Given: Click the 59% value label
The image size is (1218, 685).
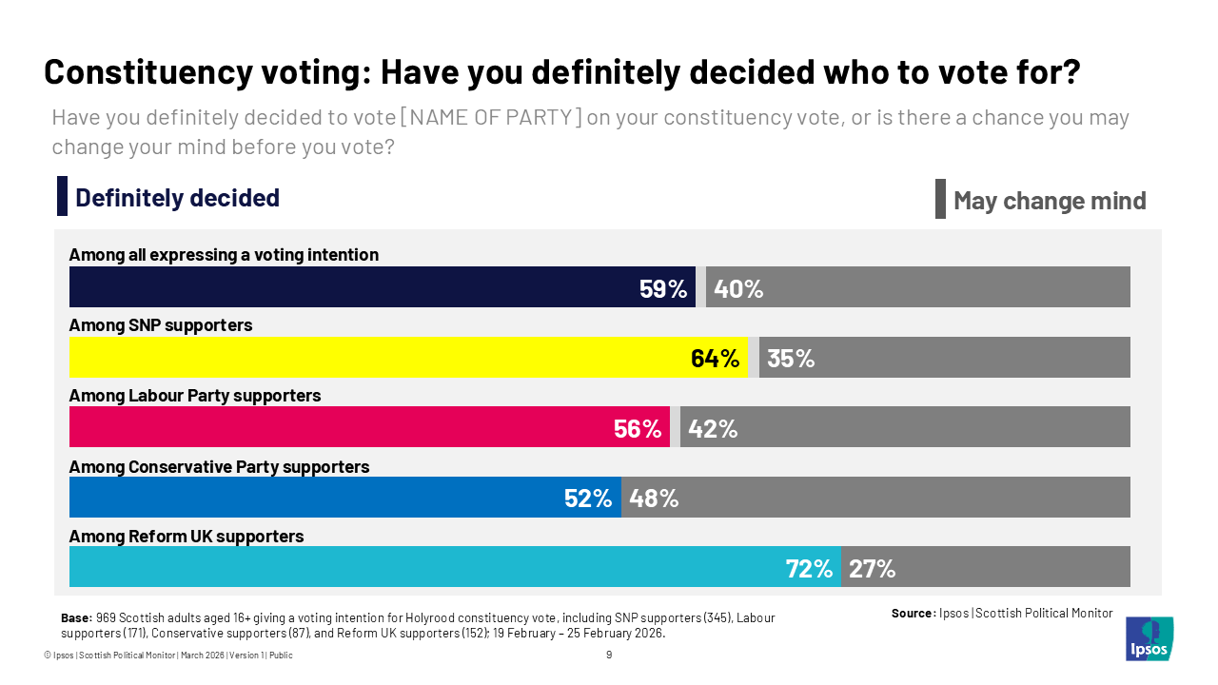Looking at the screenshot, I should point(663,288).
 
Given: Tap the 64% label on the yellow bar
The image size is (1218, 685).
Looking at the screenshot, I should point(715,359).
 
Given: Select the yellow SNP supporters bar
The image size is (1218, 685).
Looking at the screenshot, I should point(381,358).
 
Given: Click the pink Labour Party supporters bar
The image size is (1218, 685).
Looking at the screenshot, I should point(333,427).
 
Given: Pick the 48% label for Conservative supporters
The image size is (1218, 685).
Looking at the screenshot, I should point(654,498).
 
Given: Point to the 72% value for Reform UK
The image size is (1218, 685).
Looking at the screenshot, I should point(809,568).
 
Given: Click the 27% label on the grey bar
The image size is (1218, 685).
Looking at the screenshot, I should point(872,568).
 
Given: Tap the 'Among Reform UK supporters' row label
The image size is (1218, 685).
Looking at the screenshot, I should point(187,537).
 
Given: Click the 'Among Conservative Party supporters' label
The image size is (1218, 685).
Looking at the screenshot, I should point(219,467).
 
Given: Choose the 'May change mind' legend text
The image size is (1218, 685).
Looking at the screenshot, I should point(1050,201).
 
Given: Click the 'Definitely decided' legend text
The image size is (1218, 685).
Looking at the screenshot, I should point(177,198).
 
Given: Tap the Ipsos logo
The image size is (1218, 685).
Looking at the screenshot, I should point(1149,638).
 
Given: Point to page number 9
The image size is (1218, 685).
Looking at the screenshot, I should point(609,655).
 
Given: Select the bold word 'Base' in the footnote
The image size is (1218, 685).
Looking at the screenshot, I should point(76,618).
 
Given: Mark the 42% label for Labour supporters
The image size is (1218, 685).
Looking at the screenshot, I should point(713,428).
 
